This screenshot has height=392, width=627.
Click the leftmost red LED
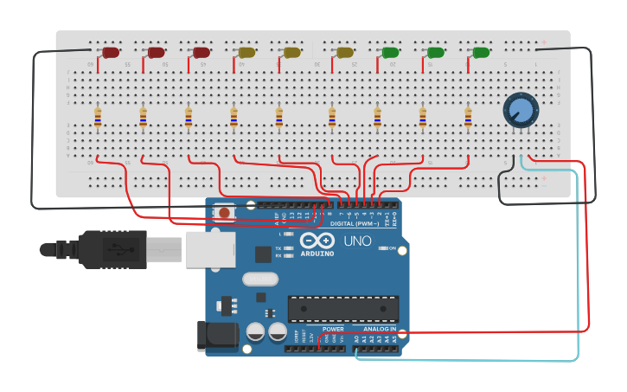[111, 53]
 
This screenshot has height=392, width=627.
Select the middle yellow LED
[292, 53]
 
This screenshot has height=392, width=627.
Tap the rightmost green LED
[481, 53]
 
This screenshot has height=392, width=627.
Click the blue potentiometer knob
[521, 110]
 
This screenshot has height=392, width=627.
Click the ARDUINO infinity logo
[317, 241]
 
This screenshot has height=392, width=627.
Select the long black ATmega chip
[343, 309]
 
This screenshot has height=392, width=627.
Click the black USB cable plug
[104, 249]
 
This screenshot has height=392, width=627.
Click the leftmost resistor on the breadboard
[98, 117]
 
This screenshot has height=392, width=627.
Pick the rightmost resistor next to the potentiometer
[468, 117]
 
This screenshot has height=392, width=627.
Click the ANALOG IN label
[380, 330]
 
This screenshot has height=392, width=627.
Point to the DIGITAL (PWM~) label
[354, 223]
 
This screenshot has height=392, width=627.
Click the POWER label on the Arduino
[333, 330]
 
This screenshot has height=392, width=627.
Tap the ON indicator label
[392, 248]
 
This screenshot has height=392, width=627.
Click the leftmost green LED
[390, 53]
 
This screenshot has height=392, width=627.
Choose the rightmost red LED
[202, 53]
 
